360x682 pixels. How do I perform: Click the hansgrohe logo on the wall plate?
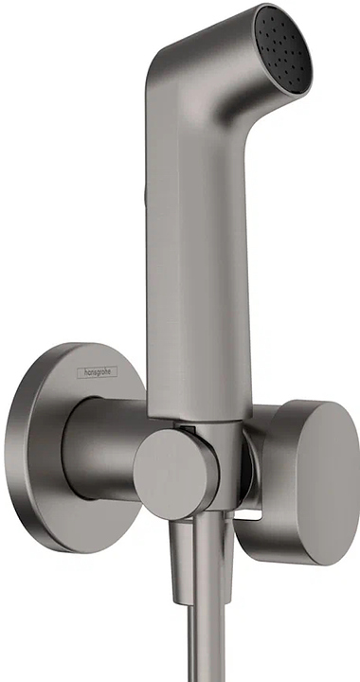(x=98, y=373)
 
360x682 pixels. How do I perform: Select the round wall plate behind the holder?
(x=57, y=445)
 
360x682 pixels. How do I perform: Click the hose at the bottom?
(x=206, y=654)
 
